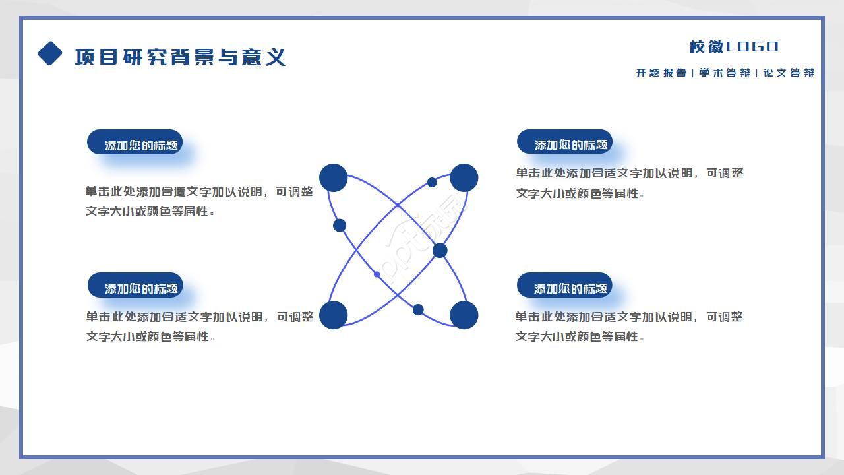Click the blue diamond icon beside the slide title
50,53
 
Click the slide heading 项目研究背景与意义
180,57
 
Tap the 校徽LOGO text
734,47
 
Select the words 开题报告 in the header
661,73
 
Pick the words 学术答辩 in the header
724,73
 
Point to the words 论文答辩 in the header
788,73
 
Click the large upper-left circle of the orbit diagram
334,178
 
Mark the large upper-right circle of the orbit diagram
464,178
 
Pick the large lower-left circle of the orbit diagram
334,315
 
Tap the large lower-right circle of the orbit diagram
464,315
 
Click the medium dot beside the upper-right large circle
432,182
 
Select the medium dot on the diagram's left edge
340,226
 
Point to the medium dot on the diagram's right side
440,251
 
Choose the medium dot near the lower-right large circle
418,309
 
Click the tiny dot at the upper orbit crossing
398,205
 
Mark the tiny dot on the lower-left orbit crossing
377,274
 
